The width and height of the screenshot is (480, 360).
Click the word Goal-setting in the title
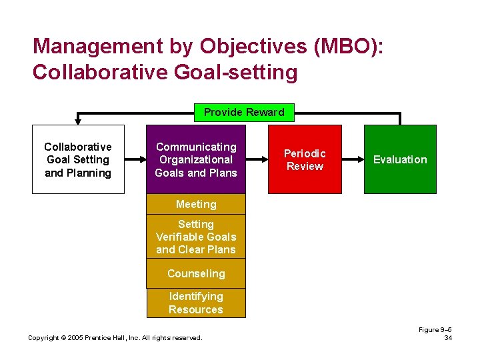coord(237,71)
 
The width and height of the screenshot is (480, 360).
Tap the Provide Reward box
coord(244,112)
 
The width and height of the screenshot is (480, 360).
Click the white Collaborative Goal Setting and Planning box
coord(78,159)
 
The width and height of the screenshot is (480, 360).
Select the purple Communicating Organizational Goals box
coord(196,159)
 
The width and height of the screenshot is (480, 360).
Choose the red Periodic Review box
coord(305,159)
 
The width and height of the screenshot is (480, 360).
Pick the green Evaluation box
coord(400,159)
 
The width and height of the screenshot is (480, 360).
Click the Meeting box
coord(196,204)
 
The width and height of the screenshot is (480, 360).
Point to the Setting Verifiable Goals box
coord(196,237)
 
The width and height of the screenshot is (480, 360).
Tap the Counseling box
coord(196,273)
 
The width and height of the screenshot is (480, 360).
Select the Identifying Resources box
coord(196,303)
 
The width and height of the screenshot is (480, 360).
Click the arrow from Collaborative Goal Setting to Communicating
coord(135,159)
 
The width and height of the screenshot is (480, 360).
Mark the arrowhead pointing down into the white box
coord(78,121)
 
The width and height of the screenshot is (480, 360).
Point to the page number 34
coord(448,338)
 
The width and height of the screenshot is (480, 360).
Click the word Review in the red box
coord(305,166)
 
